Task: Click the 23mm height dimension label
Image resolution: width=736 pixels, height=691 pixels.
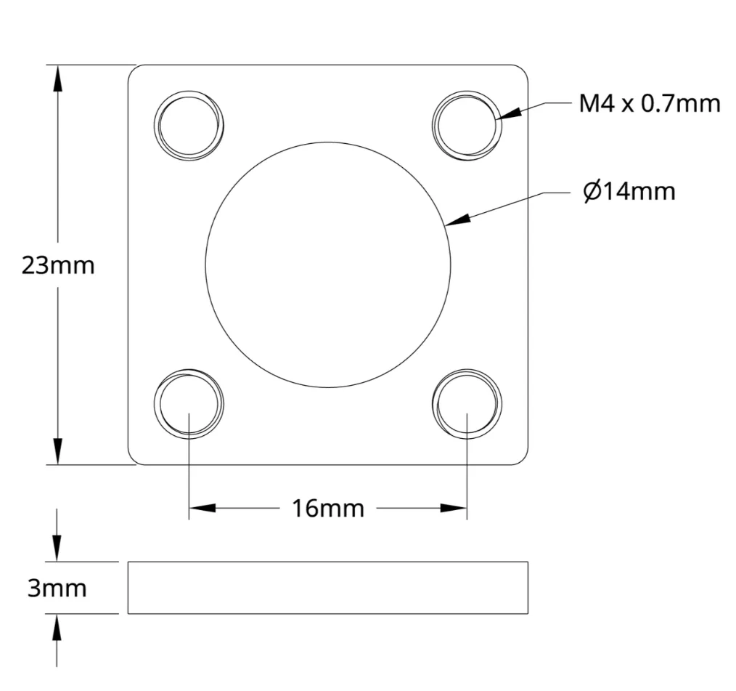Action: coord(58,266)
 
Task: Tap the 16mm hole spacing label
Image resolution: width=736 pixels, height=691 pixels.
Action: coord(328,509)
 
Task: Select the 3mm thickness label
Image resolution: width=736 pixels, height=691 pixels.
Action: coord(57,588)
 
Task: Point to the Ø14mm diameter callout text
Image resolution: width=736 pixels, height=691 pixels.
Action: coord(629,191)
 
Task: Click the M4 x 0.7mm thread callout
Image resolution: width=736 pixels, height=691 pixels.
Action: coord(650,103)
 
